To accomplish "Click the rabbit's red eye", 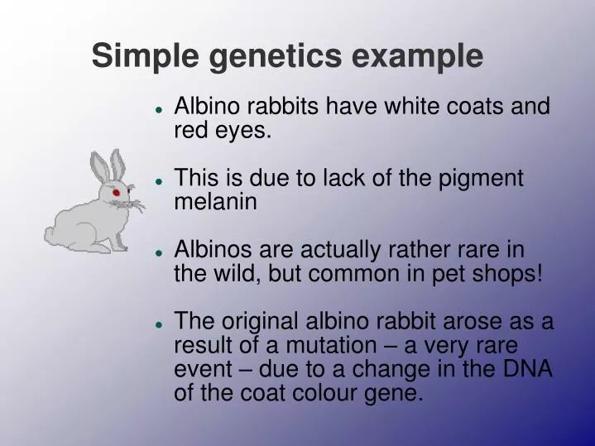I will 117,193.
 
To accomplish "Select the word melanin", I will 216,201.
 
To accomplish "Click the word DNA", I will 525,368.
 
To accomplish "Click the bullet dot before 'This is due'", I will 158,180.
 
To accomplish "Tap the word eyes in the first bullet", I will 242,130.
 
